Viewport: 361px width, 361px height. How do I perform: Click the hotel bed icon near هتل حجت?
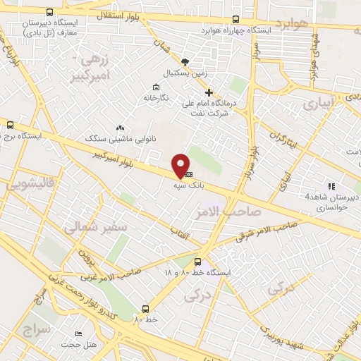(x=78, y=333)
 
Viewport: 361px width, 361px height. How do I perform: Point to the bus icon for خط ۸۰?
(x=146, y=308)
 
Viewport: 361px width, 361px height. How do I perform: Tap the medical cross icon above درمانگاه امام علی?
(x=208, y=92)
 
